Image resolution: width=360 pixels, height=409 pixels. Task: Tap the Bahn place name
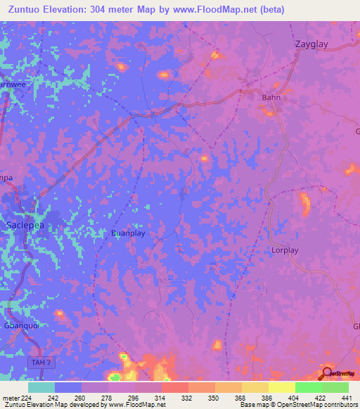tap(271, 98)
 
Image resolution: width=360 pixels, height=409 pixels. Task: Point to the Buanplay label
tap(129, 233)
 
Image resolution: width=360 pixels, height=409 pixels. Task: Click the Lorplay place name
tap(285, 250)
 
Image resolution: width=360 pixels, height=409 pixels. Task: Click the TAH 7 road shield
tap(41, 362)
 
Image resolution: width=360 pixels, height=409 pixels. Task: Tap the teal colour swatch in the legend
tap(41, 387)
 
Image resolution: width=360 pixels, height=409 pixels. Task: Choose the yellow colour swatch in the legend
tap(281, 387)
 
